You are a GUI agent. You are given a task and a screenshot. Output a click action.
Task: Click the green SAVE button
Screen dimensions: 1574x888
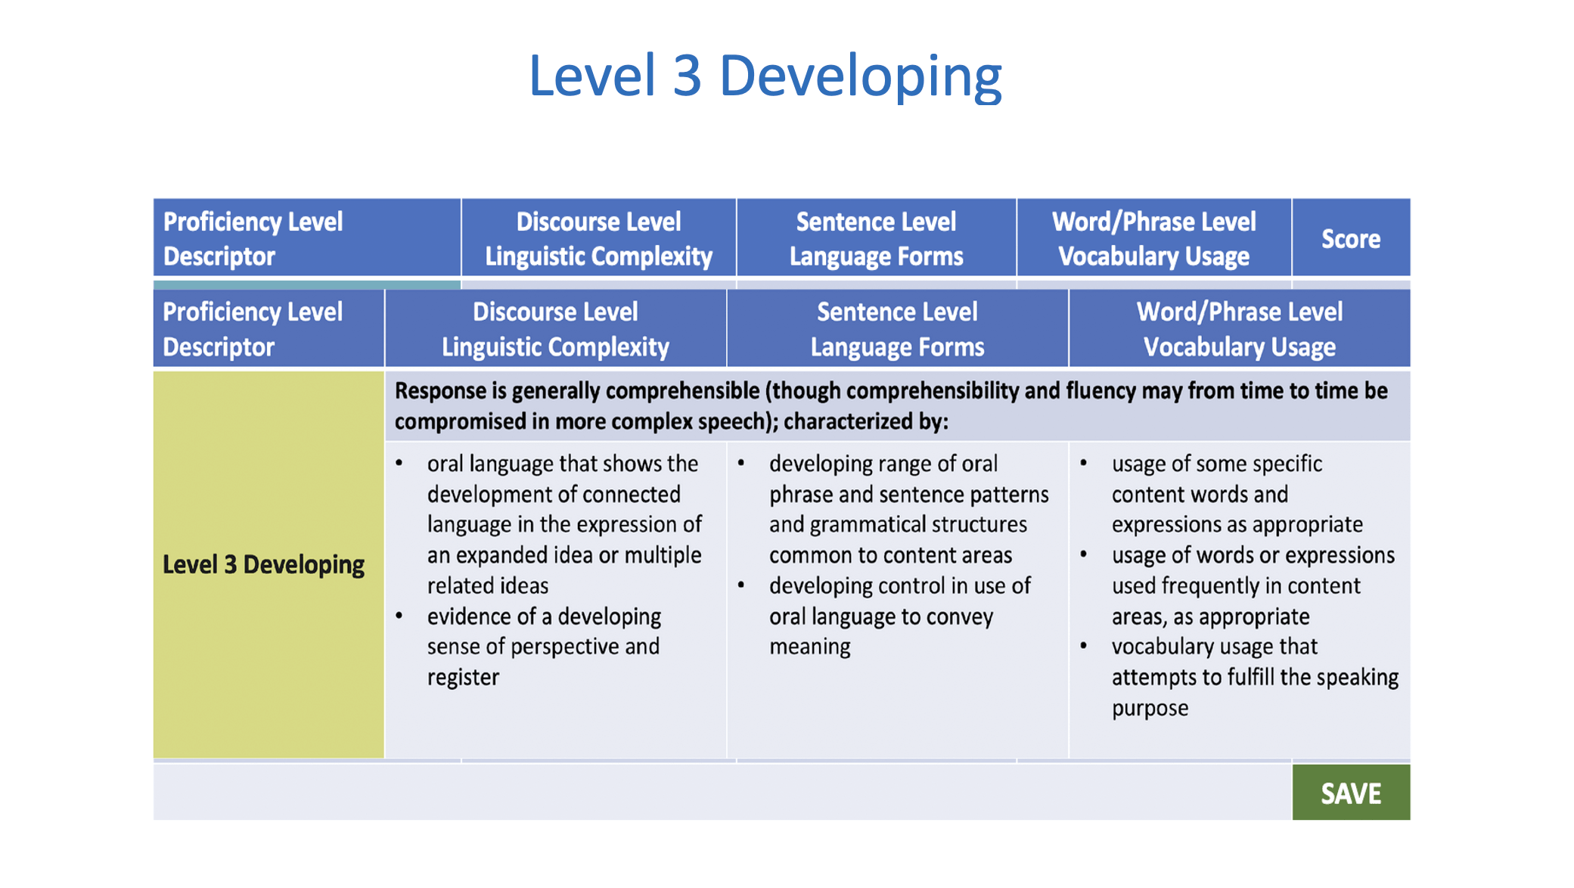coord(1351,792)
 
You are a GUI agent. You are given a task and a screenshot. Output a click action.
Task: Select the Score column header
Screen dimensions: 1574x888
coord(1351,238)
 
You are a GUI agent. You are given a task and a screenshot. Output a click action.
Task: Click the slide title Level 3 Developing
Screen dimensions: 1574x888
coord(765,77)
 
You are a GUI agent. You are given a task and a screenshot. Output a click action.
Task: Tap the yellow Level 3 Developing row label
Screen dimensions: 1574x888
coord(269,564)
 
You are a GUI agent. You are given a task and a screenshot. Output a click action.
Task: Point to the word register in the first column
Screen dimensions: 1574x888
coord(463,677)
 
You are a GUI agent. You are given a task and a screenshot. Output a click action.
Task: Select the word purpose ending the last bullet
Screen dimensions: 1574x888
coord(1150,709)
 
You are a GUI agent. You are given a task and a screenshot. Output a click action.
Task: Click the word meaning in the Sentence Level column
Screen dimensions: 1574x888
coord(810,647)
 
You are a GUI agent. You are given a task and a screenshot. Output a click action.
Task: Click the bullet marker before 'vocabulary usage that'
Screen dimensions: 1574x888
coord(1084,646)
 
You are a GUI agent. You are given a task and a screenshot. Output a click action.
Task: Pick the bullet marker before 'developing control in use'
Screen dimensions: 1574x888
coord(741,585)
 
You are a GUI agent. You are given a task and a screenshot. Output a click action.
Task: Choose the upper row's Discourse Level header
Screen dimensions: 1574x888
coord(598,238)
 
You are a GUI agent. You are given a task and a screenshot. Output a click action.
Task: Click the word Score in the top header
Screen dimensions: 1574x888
coord(1351,239)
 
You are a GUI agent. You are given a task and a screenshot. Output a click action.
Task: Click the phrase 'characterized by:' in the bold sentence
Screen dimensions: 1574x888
coord(865,421)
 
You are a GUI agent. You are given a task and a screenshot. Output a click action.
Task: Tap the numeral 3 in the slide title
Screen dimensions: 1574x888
coord(687,77)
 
